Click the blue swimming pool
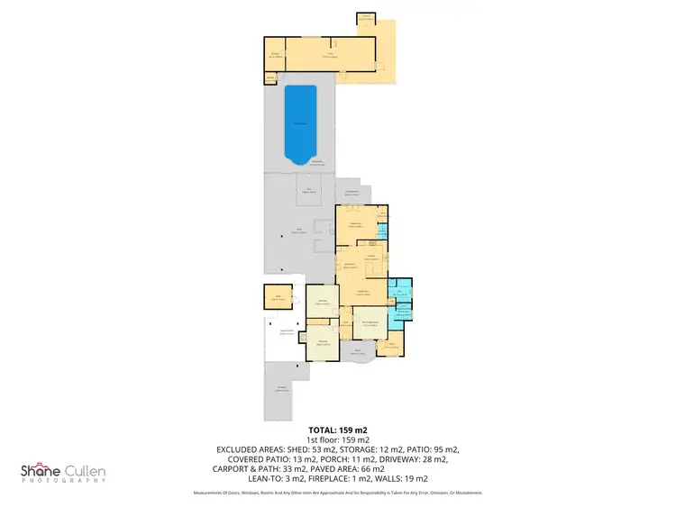(x=299, y=125)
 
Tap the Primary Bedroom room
(x=375, y=324)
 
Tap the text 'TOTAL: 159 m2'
(x=338, y=430)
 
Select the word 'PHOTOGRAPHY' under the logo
(x=63, y=482)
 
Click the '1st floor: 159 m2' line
(x=338, y=439)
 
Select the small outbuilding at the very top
(x=366, y=19)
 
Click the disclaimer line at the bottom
(x=338, y=493)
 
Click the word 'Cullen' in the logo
(x=84, y=470)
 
